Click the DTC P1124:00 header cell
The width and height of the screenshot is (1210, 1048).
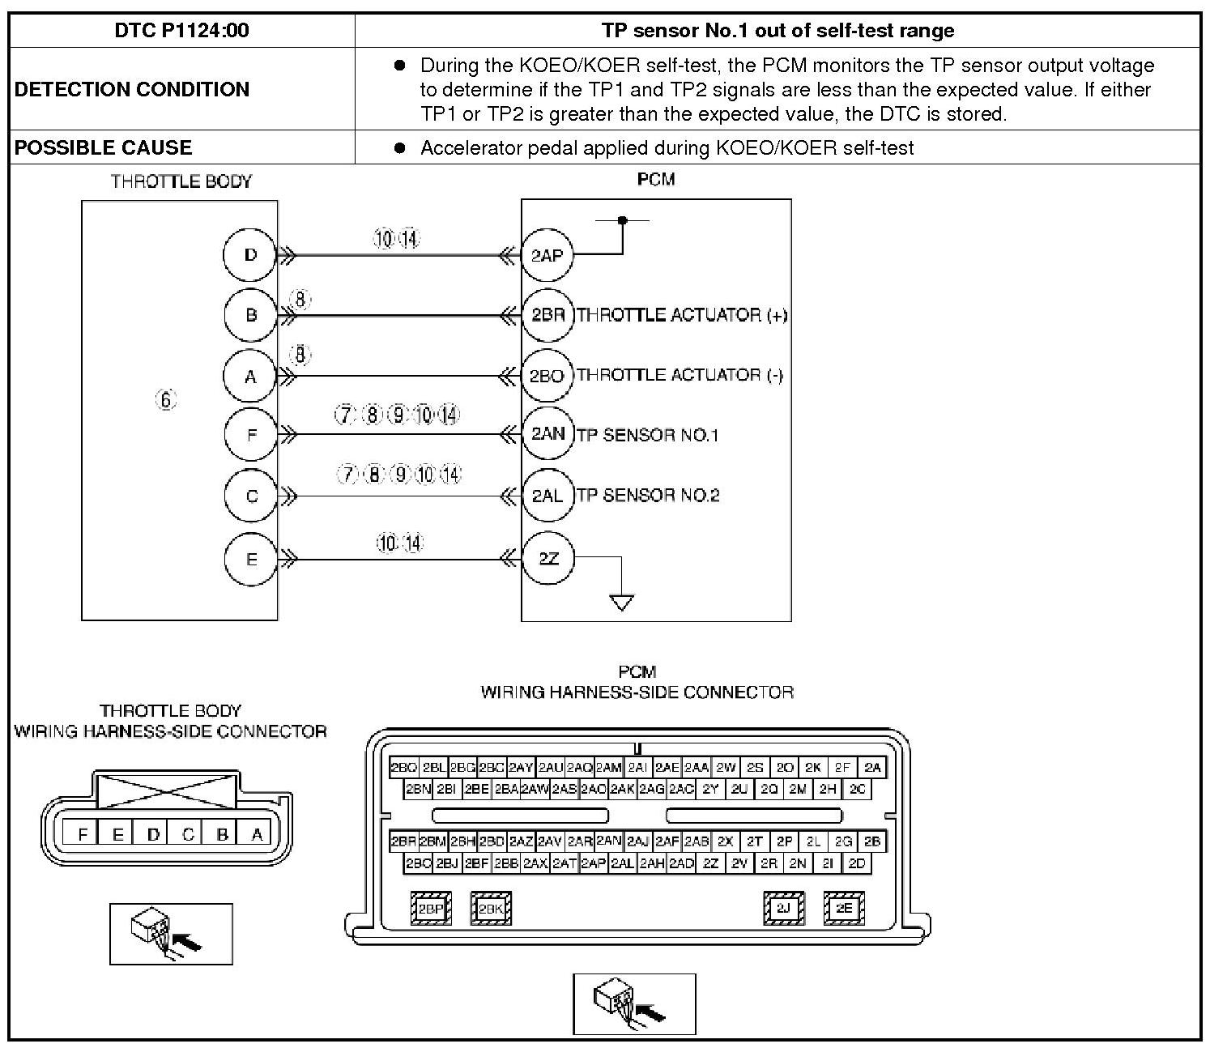[181, 31]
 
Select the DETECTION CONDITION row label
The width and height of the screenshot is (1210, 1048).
[132, 89]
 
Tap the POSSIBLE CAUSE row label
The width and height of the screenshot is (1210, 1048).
[104, 147]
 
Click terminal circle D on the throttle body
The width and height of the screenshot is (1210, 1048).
[250, 255]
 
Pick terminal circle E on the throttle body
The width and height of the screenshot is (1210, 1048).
[251, 559]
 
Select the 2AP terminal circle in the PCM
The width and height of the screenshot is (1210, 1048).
[547, 256]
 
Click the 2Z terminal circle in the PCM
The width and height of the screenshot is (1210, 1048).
[548, 558]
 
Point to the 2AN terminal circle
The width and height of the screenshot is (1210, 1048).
[547, 434]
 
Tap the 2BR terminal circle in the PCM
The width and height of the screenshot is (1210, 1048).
[547, 315]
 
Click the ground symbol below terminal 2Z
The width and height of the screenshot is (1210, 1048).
[621, 602]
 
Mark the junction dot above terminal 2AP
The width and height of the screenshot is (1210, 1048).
[622, 219]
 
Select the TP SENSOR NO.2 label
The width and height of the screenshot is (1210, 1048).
[648, 495]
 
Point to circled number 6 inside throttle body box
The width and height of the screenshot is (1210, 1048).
[166, 399]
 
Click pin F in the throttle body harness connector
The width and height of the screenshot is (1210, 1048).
[83, 833]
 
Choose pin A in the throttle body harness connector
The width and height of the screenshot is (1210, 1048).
[258, 833]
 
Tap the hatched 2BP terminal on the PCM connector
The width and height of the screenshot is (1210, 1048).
[431, 909]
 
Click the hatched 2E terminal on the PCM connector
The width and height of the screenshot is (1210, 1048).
[844, 908]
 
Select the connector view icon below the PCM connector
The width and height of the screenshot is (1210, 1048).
[634, 1004]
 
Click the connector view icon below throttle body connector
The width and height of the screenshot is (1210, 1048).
[171, 934]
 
